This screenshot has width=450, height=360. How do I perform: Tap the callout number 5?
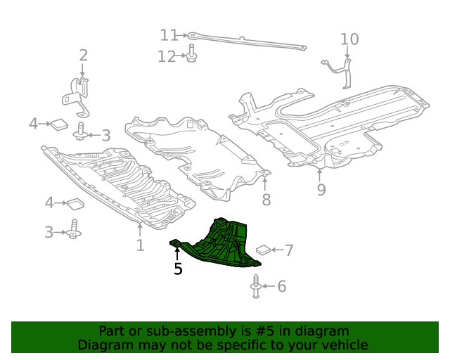178,269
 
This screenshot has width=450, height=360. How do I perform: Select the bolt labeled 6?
255,287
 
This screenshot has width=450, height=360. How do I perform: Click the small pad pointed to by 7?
263,249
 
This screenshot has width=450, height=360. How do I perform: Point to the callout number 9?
321,190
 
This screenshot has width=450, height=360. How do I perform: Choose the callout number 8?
266,200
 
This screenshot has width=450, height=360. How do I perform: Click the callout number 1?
140,245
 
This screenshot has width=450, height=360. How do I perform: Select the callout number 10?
349,39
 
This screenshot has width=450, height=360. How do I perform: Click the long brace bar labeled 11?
246,41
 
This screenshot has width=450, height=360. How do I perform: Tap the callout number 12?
167,56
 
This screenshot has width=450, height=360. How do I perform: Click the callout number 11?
169,34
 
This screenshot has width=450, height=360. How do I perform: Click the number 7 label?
288,250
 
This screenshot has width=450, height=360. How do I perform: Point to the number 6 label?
281,286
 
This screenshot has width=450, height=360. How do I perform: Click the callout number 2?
83,55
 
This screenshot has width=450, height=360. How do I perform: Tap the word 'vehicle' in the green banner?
344,345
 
